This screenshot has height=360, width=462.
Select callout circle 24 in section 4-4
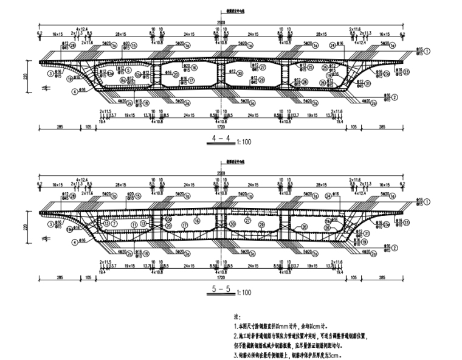332,46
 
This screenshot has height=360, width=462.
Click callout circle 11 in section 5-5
130,224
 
